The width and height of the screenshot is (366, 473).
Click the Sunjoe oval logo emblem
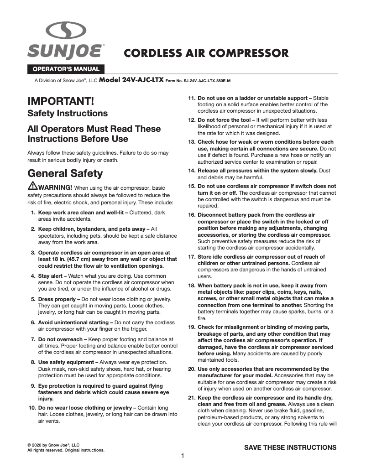(x=67, y=31)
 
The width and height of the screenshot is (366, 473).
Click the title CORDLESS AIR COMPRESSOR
(x=207, y=53)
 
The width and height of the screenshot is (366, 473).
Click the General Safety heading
(x=65, y=173)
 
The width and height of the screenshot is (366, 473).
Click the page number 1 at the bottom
(x=183, y=456)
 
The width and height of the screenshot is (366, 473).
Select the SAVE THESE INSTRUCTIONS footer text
(x=290, y=447)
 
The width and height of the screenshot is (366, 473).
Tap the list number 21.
(x=192, y=398)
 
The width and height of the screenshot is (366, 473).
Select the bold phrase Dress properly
(x=58, y=299)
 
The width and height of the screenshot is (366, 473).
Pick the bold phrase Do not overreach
(x=60, y=339)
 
